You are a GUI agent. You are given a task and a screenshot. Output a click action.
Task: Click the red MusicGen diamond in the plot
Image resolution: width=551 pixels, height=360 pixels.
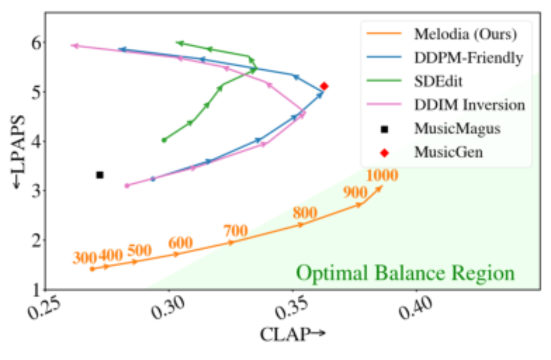[324, 86]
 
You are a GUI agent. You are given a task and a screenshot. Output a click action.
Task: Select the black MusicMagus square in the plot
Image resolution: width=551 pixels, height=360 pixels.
[100, 175]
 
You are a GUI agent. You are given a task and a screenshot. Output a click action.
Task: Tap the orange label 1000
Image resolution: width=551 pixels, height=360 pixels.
[382, 175]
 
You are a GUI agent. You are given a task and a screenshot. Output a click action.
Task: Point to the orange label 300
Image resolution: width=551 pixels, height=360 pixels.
[84, 258]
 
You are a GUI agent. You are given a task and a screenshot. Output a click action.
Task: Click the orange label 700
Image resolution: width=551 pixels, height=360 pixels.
[236, 231]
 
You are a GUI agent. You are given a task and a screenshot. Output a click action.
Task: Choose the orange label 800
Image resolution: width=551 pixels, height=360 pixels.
[305, 213]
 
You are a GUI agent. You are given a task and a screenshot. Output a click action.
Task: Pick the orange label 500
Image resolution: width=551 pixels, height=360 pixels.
[139, 251]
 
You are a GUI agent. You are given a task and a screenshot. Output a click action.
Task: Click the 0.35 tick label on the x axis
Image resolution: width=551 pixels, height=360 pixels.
[292, 308]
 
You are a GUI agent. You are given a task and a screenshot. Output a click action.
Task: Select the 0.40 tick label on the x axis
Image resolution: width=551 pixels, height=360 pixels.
[415, 308]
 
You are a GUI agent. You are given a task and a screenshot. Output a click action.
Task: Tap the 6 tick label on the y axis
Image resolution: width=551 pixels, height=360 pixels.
[36, 44]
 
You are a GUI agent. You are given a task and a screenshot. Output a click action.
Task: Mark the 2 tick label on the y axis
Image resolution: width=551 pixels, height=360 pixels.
[36, 241]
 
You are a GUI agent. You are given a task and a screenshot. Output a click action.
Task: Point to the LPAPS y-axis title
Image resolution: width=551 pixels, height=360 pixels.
[18, 152]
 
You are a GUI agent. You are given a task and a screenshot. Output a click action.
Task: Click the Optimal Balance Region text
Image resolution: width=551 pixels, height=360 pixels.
[405, 273]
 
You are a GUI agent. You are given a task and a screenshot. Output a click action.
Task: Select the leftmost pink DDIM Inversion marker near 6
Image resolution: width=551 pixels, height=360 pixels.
[75, 45]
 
